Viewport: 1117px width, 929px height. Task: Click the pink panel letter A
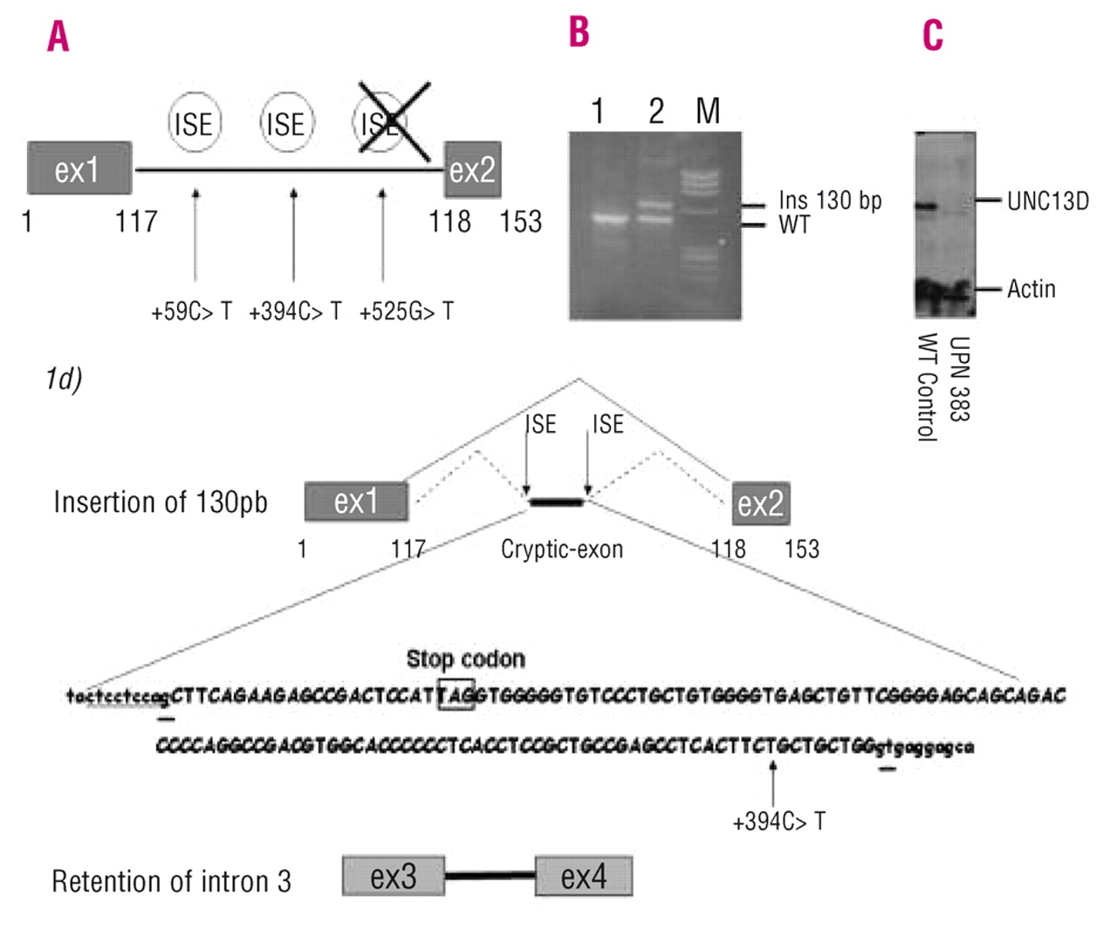[58, 37]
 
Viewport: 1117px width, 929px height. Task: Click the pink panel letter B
[579, 32]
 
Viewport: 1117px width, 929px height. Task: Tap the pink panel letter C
[933, 36]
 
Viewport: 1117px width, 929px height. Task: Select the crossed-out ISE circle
[382, 123]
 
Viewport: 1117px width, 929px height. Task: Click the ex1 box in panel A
[79, 168]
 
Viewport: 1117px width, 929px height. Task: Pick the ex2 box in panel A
[472, 169]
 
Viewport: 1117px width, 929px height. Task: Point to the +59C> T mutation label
[191, 311]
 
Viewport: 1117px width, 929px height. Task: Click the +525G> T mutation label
[406, 311]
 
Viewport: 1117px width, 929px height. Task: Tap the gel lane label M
[708, 111]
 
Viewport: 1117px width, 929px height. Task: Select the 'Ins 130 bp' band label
[830, 201]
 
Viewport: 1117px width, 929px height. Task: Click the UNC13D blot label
[1047, 202]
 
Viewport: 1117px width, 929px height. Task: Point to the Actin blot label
[1031, 289]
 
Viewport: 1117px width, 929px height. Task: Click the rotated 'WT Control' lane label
[927, 387]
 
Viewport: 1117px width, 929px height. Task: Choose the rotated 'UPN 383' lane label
[959, 379]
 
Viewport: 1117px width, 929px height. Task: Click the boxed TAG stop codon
[456, 694]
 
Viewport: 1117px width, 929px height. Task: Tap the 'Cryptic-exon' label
[562, 550]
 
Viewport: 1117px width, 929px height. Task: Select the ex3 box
[394, 876]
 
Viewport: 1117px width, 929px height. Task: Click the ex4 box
[584, 876]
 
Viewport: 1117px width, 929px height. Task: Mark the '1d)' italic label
[64, 379]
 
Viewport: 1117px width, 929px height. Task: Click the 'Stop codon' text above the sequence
[465, 659]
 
